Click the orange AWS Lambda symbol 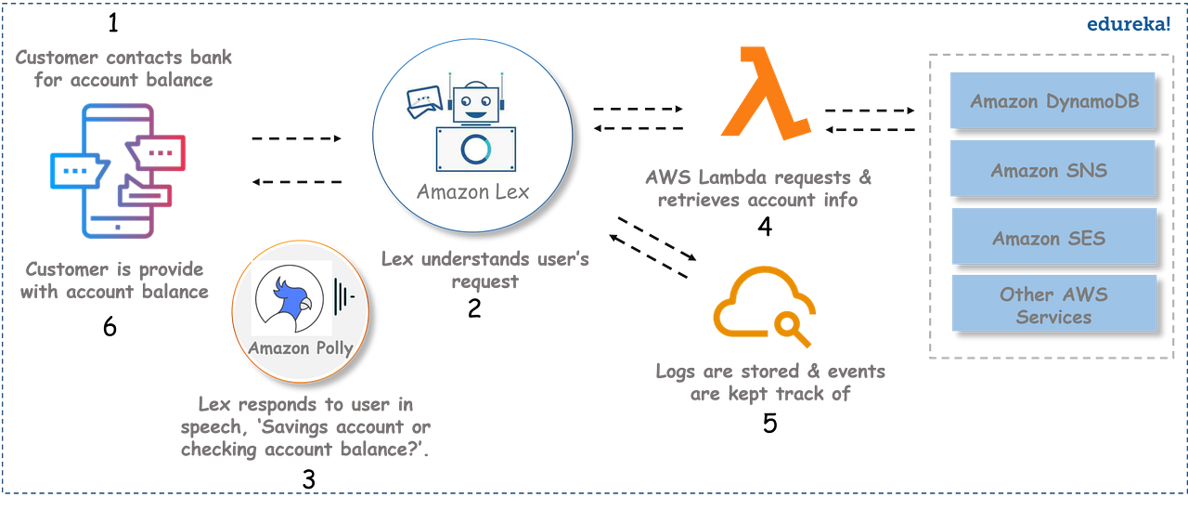[766, 93]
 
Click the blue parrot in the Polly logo [293, 298]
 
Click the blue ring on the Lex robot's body [474, 149]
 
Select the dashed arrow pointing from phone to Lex [297, 139]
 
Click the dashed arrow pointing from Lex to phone [297, 182]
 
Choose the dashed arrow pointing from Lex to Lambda [639, 109]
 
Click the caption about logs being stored [769, 382]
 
